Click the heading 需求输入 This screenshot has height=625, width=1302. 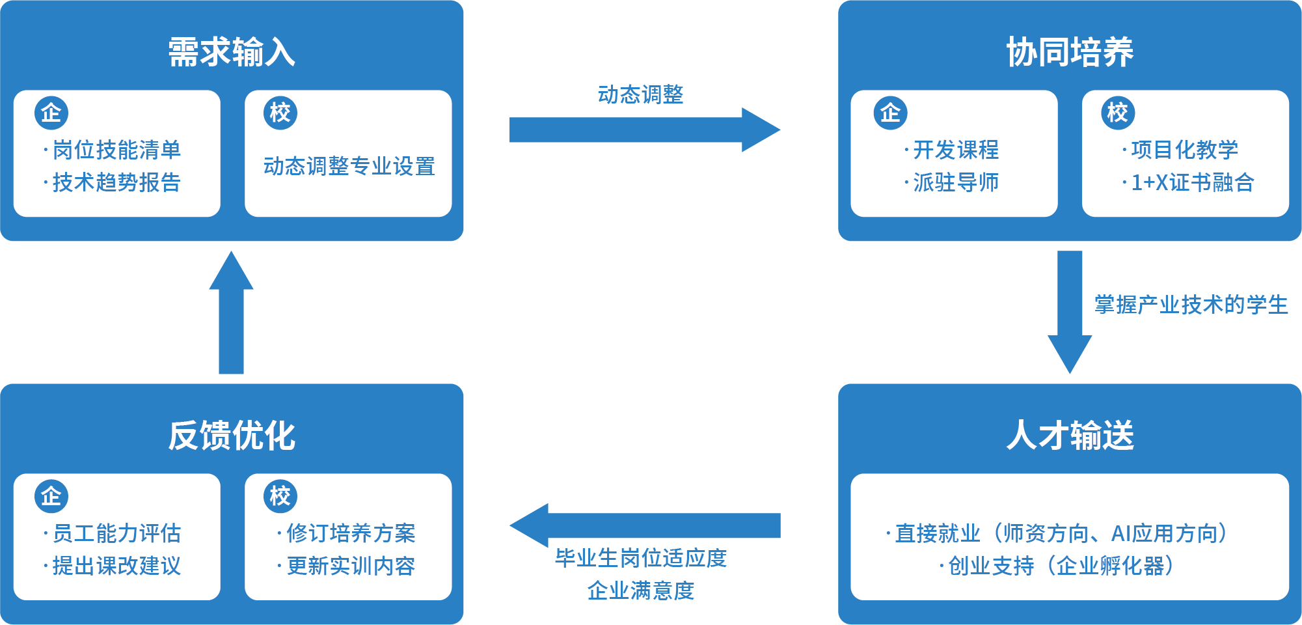(x=232, y=52)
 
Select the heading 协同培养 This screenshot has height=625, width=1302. (x=1070, y=52)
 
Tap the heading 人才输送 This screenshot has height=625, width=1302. (x=1070, y=436)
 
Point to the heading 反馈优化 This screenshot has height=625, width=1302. (x=232, y=436)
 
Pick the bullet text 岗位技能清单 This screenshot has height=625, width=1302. (x=116, y=150)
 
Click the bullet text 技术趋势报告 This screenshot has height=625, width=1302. (x=116, y=182)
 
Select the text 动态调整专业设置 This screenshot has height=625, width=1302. (x=349, y=166)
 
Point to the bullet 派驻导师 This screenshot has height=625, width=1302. (x=955, y=182)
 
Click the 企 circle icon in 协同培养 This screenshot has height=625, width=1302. (x=890, y=113)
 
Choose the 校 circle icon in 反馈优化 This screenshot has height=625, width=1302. (x=280, y=496)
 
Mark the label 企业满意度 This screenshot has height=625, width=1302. (x=641, y=590)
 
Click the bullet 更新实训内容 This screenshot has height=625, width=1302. (x=350, y=566)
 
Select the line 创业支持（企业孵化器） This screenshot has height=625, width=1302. (x=1061, y=566)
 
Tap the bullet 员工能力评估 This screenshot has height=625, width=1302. (x=116, y=533)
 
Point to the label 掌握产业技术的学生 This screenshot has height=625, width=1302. (x=1191, y=305)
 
